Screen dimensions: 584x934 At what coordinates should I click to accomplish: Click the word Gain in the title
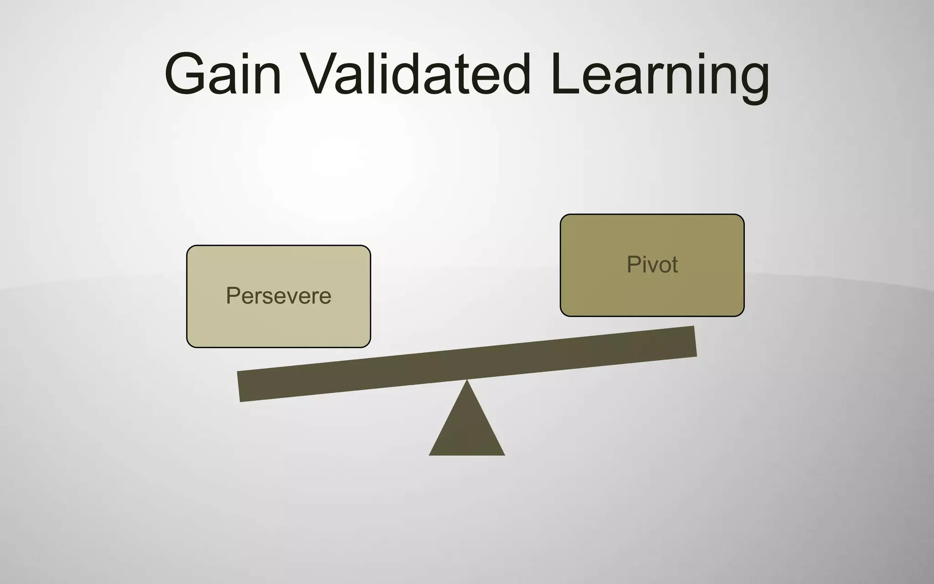223,74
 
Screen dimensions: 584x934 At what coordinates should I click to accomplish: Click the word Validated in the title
415,74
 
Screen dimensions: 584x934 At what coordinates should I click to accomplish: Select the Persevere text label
278,296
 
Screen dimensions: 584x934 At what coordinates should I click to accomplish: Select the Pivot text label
652,264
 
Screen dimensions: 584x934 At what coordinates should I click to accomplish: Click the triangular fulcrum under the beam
467,429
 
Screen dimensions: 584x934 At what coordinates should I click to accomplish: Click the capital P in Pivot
633,264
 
